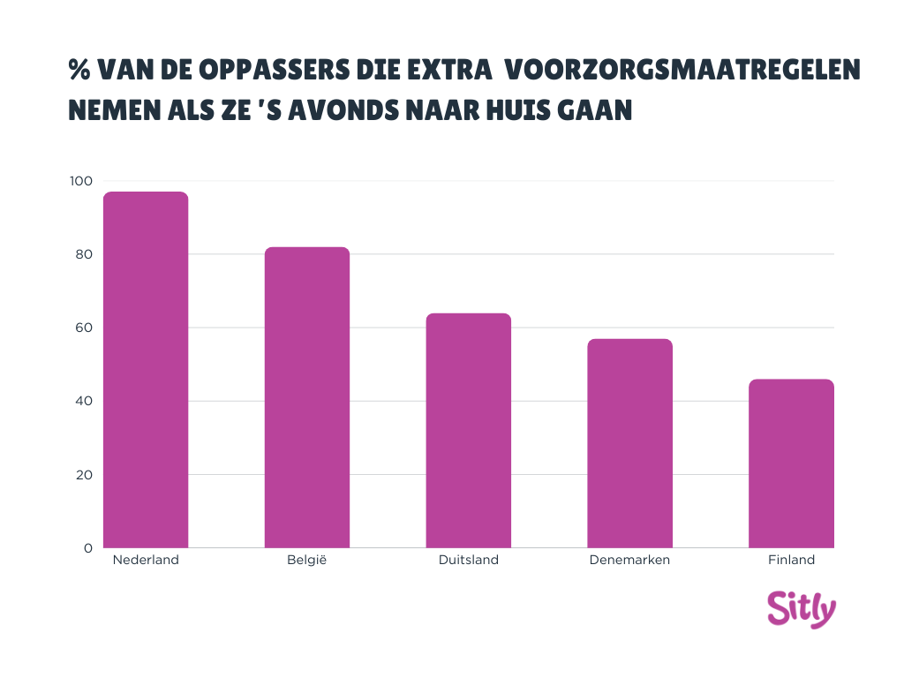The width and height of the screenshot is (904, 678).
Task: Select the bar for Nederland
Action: click(146, 370)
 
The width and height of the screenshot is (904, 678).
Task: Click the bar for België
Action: click(307, 397)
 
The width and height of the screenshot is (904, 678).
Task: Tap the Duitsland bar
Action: click(468, 431)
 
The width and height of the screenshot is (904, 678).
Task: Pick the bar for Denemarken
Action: click(629, 443)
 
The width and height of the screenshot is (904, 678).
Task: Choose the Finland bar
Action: click(791, 463)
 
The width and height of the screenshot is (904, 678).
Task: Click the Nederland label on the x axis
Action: click(146, 561)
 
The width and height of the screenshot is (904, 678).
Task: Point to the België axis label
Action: click(307, 561)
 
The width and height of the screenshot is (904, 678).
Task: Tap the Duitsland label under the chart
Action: click(468, 561)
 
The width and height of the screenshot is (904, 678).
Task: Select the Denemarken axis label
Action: click(629, 561)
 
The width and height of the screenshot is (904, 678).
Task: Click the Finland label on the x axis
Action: click(791, 561)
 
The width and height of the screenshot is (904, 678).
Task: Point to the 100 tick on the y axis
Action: click(80, 181)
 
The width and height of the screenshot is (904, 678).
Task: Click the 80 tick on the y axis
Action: click(82, 254)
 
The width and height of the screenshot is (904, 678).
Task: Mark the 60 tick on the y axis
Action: click(82, 328)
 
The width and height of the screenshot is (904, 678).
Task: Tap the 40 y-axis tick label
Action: click(82, 401)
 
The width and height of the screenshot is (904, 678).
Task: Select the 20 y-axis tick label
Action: click(82, 475)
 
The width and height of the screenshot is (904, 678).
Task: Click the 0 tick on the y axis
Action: click(87, 548)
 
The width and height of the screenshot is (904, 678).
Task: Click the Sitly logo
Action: click(801, 609)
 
